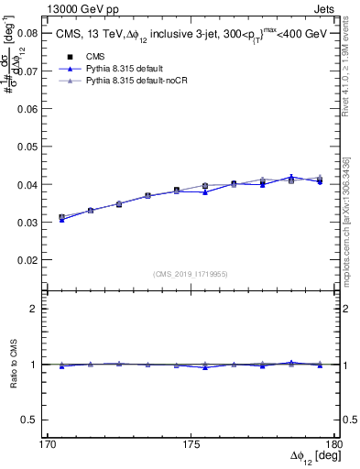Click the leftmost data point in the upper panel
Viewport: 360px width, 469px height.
[x=61, y=218]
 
